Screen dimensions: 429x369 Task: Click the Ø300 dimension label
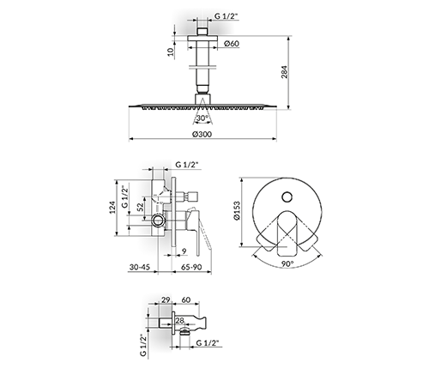click(202, 134)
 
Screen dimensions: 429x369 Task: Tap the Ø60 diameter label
click(232, 44)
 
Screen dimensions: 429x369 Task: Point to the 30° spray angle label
click(202, 118)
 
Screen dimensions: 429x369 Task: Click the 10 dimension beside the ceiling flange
click(171, 51)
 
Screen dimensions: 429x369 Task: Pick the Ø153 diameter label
click(237, 210)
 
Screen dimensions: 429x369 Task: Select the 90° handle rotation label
click(287, 263)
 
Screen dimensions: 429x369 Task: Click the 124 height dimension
click(112, 208)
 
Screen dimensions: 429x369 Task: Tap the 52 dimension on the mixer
click(140, 207)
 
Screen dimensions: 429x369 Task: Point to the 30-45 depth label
click(140, 267)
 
